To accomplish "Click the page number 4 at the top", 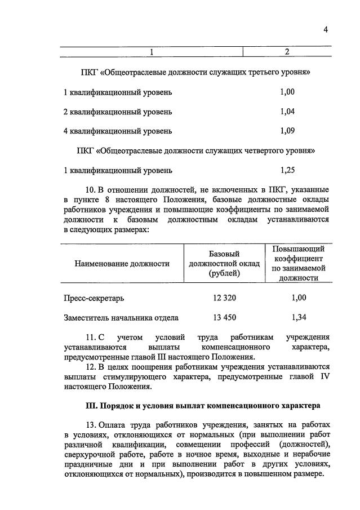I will pyautogui.click(x=326, y=30).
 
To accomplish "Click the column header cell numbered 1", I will pyautogui.click(x=151, y=52).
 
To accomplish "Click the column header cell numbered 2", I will pyautogui.click(x=287, y=52).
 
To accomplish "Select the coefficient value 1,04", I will pyautogui.click(x=287, y=112).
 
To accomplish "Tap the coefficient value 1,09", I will pyautogui.click(x=287, y=131).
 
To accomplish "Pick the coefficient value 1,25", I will pyautogui.click(x=287, y=170).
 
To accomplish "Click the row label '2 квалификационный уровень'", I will pyautogui.click(x=118, y=112).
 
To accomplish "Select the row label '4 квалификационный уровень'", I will pyautogui.click(x=118, y=131).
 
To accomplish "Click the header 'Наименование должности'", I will pyautogui.click(x=122, y=263).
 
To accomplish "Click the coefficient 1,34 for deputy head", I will pyautogui.click(x=299, y=317).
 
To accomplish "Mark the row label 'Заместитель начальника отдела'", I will pyautogui.click(x=121, y=317).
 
